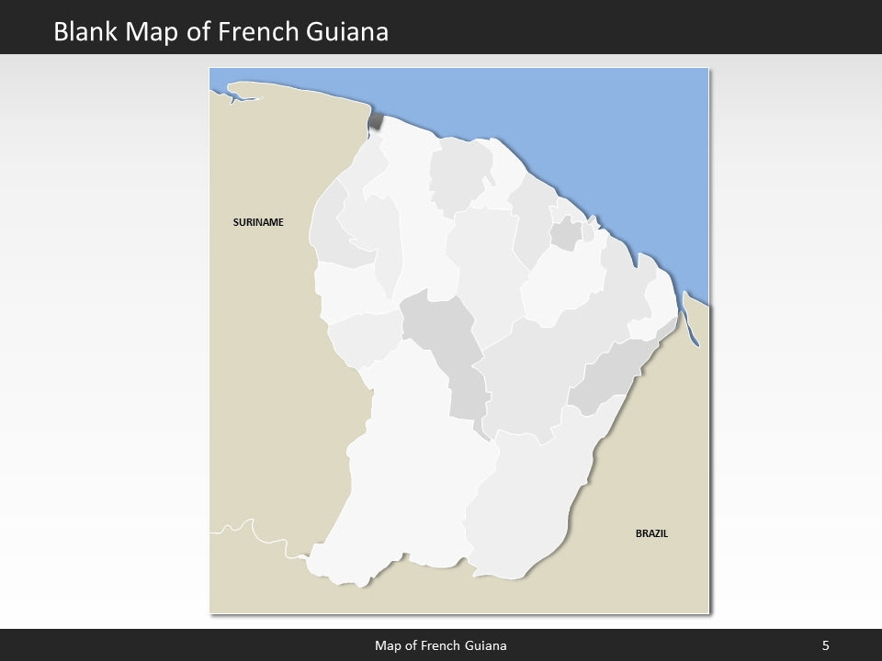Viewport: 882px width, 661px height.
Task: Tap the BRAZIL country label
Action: point(651,532)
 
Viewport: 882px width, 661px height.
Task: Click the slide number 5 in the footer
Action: point(826,645)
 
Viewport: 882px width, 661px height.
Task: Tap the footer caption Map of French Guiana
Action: point(440,645)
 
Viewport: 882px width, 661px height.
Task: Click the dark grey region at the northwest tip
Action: point(376,122)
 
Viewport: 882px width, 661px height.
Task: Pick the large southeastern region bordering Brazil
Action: point(524,496)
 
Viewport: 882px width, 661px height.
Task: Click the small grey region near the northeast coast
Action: point(565,234)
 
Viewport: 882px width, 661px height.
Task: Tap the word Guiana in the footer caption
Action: point(486,645)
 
